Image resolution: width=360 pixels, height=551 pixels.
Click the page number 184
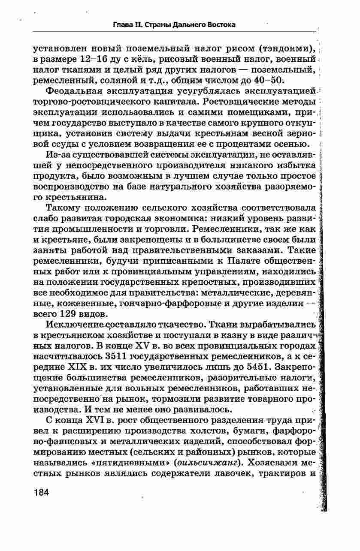coord(42,492)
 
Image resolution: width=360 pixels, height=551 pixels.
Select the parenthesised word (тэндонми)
coord(287,47)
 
